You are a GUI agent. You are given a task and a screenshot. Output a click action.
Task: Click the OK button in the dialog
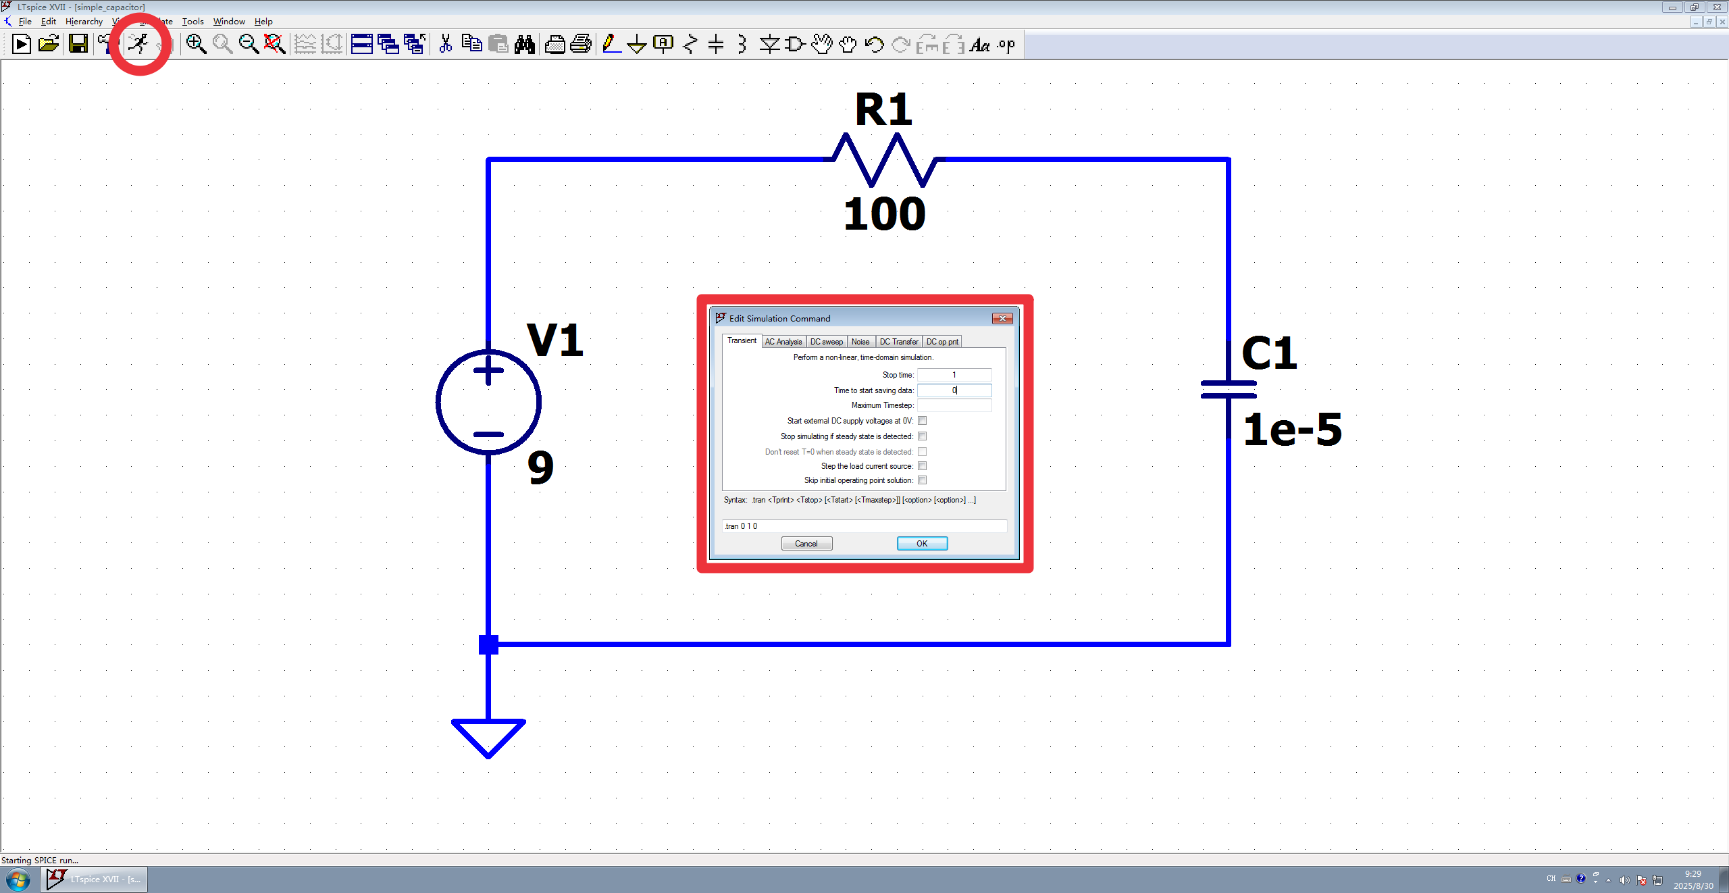coord(922,544)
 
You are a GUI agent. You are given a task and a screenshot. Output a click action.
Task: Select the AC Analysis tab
coord(783,342)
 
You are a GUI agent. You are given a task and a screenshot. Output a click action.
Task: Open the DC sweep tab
coord(826,342)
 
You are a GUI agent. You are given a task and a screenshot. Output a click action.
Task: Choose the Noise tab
coord(860,342)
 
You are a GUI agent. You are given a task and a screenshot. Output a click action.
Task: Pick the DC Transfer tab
coord(898,342)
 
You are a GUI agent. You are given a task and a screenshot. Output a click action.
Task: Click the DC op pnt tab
coord(941,342)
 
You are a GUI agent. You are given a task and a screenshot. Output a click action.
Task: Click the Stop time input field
coord(954,375)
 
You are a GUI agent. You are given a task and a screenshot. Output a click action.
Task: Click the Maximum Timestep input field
coord(954,405)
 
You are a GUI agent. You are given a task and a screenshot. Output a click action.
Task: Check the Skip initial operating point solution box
coord(922,480)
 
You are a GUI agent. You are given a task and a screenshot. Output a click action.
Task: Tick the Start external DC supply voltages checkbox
coord(922,421)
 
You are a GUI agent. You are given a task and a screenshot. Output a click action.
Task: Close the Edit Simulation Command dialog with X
coord(1002,319)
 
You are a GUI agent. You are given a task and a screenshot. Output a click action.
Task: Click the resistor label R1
coord(883,110)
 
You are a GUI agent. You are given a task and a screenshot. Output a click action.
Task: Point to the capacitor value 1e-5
coord(1292,430)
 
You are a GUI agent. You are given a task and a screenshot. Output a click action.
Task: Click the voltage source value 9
coord(540,467)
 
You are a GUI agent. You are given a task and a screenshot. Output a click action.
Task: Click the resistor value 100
coord(884,214)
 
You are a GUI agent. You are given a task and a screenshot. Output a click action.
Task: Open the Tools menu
coord(192,22)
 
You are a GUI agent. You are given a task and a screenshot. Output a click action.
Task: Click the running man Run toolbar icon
coord(139,44)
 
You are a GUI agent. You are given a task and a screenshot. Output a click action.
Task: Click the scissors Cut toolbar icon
coord(445,45)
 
